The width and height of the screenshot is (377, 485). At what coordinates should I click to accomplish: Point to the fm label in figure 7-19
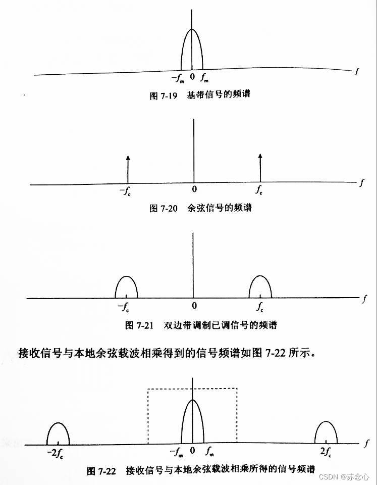[204, 78]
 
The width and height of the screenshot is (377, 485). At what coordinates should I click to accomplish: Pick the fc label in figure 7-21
[259, 306]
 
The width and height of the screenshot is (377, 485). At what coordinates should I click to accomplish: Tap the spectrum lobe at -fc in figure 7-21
[126, 287]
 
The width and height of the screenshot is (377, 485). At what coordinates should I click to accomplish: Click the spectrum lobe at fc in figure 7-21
[260, 287]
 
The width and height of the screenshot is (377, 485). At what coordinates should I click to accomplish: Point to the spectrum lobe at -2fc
[58, 433]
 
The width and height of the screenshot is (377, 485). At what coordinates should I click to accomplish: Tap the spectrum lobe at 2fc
[326, 433]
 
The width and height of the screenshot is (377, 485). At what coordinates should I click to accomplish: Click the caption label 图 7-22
[101, 471]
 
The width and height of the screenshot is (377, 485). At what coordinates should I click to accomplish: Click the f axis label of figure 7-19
[356, 71]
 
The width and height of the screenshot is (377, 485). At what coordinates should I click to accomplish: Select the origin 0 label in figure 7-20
[194, 191]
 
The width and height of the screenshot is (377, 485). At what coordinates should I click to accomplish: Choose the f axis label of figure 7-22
[364, 444]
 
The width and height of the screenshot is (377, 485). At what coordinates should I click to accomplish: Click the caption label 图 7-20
[163, 208]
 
